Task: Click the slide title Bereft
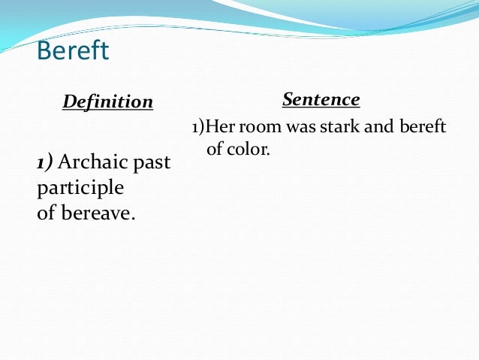[x=73, y=51]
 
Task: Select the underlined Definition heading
[x=107, y=101]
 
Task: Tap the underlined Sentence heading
[x=321, y=99]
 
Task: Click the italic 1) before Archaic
[x=46, y=162]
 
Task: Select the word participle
[x=80, y=186]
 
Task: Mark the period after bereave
[x=134, y=216]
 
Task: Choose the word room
[x=256, y=127]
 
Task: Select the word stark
[x=335, y=127]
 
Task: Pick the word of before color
[x=215, y=149]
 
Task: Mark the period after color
[x=267, y=153]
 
